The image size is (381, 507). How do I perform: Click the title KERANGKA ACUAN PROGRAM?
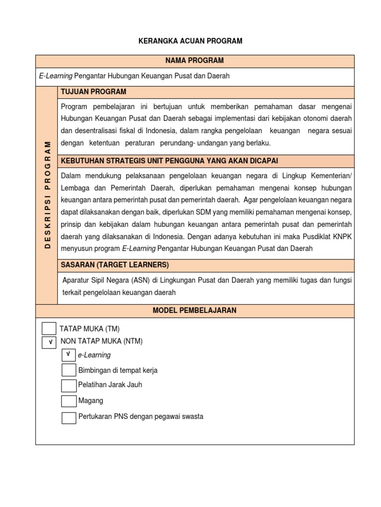tap(190, 41)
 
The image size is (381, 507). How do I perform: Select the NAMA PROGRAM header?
tap(194, 60)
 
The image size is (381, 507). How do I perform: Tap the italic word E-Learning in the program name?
tap(56, 76)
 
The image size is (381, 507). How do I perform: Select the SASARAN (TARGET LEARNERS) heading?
tap(115, 264)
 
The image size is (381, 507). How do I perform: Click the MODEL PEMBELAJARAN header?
tap(194, 310)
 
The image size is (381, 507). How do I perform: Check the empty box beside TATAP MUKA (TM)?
tap(49, 328)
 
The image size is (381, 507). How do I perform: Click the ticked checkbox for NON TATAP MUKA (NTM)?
tap(49, 342)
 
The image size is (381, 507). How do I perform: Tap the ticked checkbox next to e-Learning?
tap(68, 355)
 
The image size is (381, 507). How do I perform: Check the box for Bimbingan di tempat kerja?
tap(68, 370)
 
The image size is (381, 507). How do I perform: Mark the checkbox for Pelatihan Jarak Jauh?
tap(68, 385)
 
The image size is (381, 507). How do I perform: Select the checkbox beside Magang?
tap(68, 401)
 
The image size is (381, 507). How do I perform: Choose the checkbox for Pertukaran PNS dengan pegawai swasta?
tap(68, 417)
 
